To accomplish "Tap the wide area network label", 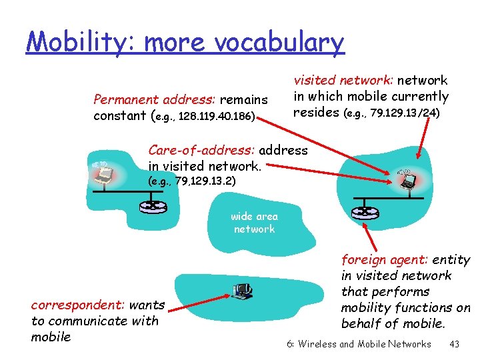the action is pyautogui.click(x=254, y=223).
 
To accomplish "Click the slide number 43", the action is pyautogui.click(x=455, y=344).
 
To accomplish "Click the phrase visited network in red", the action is pyautogui.click(x=345, y=81).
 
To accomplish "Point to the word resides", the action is pyautogui.click(x=316, y=113).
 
